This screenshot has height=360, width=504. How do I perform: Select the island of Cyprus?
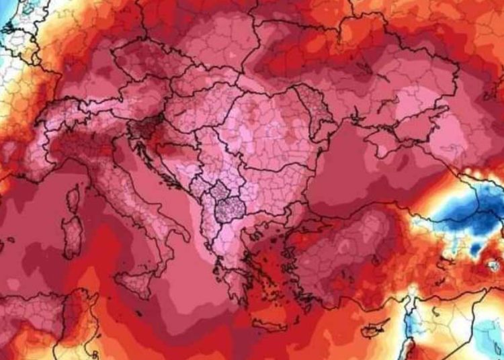coord(374,330)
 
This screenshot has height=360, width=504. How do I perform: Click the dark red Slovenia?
coord(142,128)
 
